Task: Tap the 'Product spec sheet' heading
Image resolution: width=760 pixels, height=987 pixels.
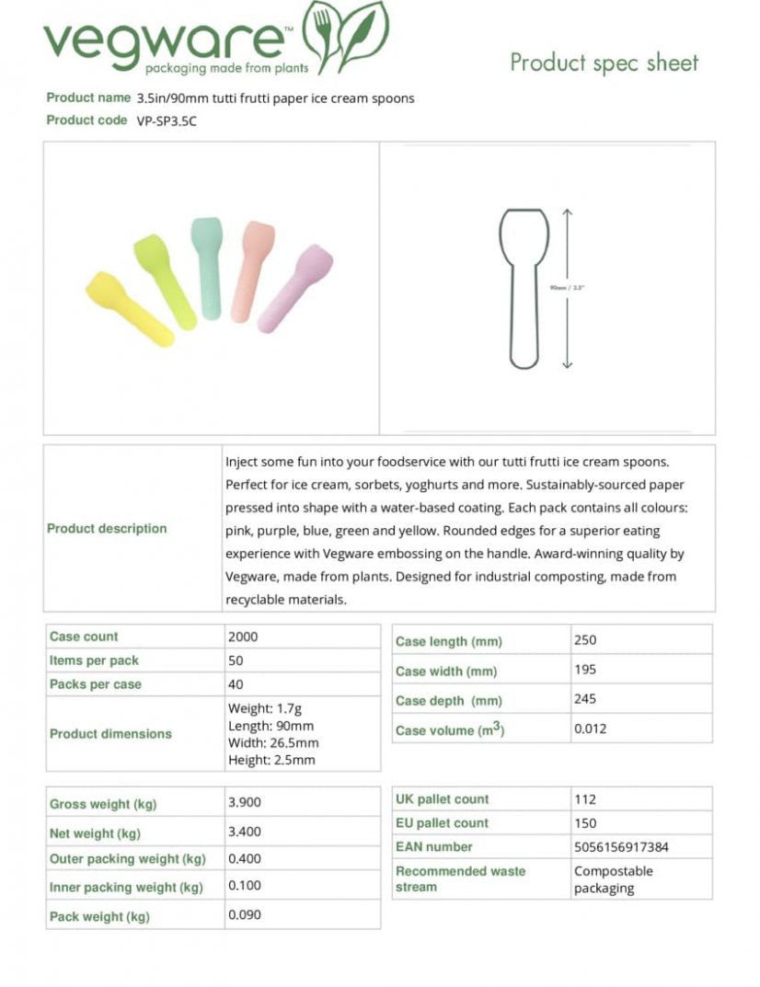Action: [604, 63]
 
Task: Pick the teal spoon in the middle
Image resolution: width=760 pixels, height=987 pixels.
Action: [207, 267]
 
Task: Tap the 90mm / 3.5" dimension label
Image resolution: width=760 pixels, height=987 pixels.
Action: [567, 288]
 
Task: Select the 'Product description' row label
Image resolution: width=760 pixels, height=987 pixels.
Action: [107, 529]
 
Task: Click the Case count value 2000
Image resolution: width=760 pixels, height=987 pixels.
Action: [243, 637]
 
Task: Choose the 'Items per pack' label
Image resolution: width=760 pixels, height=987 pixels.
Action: [94, 660]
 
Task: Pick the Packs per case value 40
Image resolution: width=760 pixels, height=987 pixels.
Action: [236, 684]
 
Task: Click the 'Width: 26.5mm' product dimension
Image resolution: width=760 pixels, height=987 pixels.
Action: [273, 743]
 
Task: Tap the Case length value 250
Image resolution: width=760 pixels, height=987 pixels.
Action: [585, 640]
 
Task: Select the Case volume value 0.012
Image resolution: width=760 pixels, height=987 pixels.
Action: [590, 729]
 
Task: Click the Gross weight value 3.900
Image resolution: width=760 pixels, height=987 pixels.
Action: [245, 802]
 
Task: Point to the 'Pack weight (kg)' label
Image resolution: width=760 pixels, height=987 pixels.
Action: [99, 916]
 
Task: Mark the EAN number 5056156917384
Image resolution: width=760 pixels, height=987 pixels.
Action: [621, 847]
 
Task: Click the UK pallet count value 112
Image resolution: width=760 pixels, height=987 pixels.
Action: [585, 799]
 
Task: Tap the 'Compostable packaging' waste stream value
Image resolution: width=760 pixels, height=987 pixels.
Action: [613, 879]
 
